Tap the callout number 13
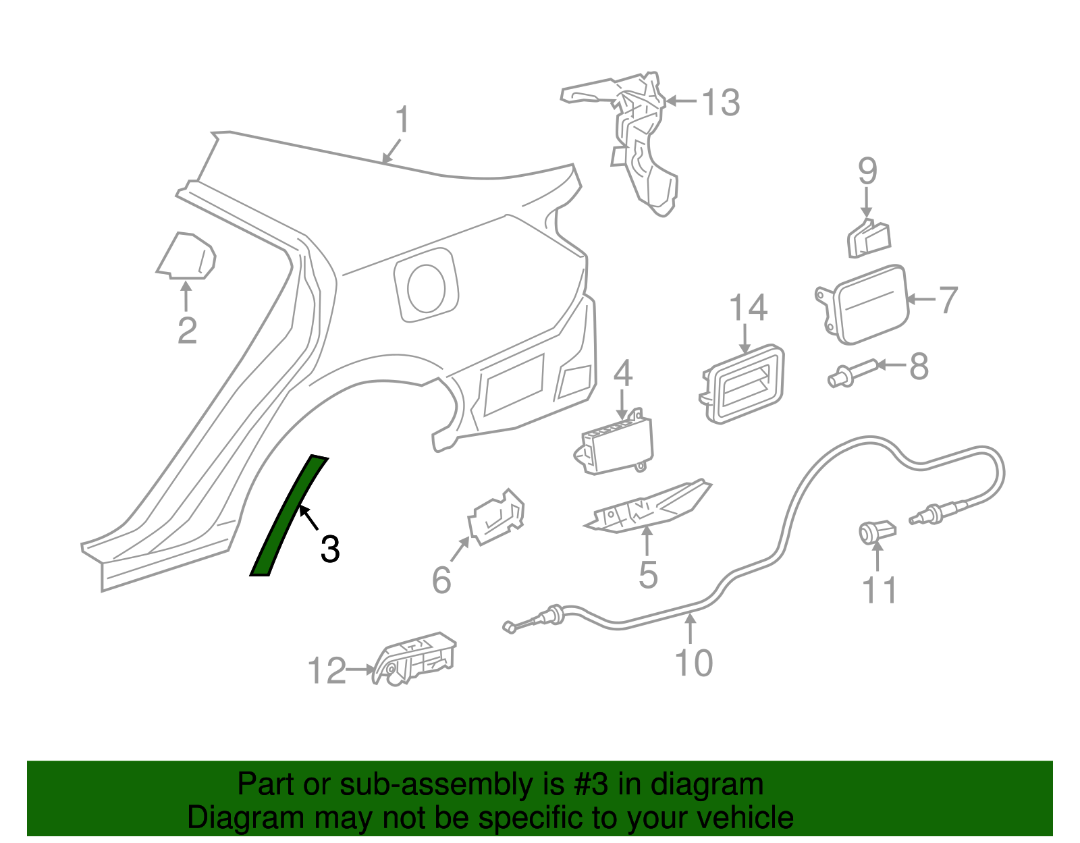[x=721, y=103]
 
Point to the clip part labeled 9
[x=869, y=239]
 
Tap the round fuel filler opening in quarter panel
[x=427, y=288]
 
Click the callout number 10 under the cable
[x=693, y=663]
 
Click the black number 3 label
[x=329, y=549]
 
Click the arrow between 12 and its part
[x=360, y=670]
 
